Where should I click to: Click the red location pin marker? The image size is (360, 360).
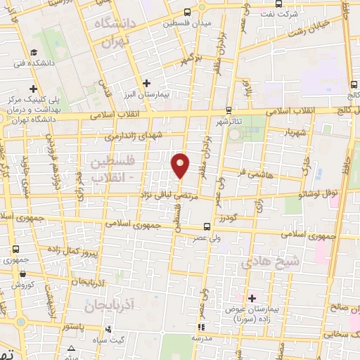click(181, 165)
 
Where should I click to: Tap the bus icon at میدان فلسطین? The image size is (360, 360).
click(186, 12)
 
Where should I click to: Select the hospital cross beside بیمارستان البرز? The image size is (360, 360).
click(146, 83)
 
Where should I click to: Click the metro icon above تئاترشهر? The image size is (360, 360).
click(229, 110)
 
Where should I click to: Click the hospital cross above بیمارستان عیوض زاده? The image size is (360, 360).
click(252, 298)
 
